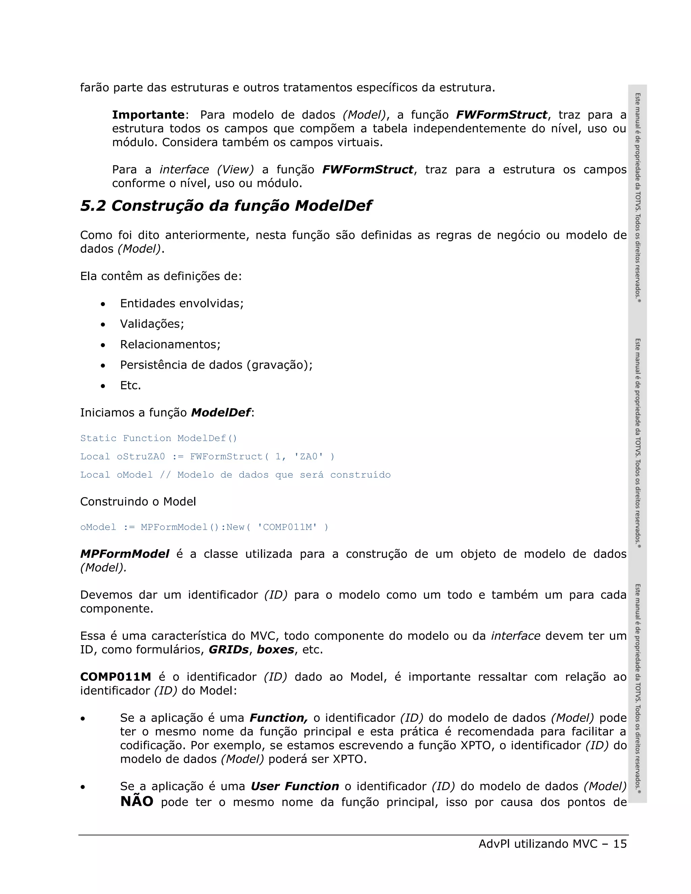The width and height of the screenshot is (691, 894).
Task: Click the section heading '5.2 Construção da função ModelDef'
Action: (x=226, y=206)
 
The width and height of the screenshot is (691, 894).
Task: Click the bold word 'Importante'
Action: (x=148, y=115)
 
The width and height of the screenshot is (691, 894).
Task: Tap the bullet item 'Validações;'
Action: (x=152, y=324)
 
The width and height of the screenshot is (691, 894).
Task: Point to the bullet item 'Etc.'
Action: (x=130, y=385)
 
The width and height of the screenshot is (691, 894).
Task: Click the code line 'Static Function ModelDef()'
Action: (x=159, y=439)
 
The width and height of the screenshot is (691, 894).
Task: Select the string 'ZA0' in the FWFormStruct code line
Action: (x=308, y=456)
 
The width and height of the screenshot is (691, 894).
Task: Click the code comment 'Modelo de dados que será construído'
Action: (x=284, y=475)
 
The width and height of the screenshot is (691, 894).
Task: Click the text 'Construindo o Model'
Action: (x=138, y=502)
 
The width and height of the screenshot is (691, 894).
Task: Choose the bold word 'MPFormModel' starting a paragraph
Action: (x=125, y=554)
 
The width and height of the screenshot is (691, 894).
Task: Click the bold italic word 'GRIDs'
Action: (x=228, y=650)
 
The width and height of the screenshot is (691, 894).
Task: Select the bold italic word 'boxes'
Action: (x=275, y=650)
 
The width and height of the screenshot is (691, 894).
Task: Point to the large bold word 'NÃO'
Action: (x=137, y=802)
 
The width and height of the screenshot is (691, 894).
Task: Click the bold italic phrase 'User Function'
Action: (x=295, y=786)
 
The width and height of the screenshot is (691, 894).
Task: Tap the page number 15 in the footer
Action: (x=620, y=844)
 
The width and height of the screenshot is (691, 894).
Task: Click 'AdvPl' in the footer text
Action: (x=494, y=844)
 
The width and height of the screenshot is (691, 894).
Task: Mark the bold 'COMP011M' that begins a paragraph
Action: (x=115, y=677)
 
